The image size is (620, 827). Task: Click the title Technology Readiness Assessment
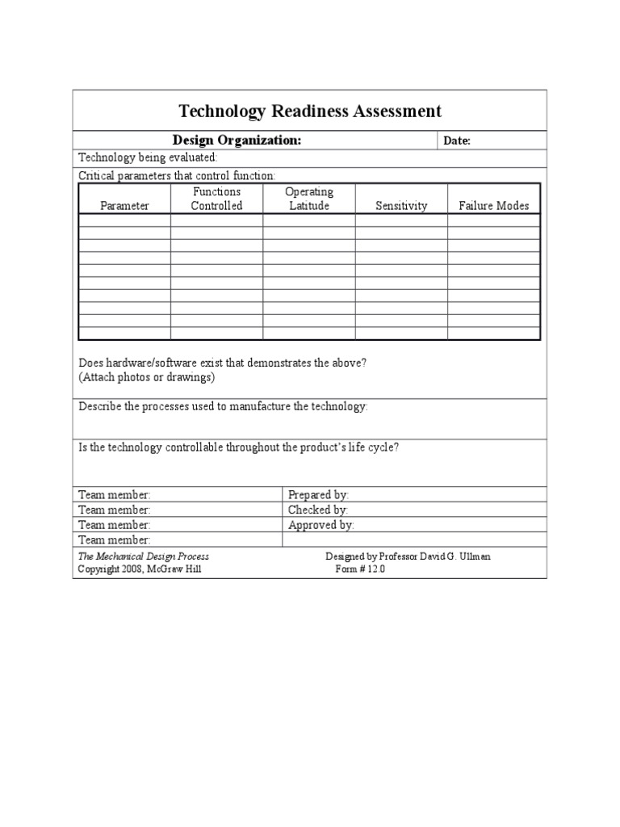coord(309,111)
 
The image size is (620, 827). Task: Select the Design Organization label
coord(237,141)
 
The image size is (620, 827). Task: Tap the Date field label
coord(457,141)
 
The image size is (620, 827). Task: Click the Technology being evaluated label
coord(147,157)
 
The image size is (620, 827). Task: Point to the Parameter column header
coord(124,206)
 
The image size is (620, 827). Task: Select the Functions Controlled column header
coord(216,199)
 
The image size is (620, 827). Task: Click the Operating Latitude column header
coord(309,199)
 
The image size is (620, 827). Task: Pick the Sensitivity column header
coord(401,206)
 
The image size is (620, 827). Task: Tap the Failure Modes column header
coord(493,206)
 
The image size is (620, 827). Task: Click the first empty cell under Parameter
coord(124,220)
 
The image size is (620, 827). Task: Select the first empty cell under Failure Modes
coord(493,220)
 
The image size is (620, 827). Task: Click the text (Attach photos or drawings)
coord(146,377)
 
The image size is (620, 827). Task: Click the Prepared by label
coord(318,494)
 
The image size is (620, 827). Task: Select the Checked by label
coord(317,510)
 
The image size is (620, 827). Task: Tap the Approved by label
coord(320,525)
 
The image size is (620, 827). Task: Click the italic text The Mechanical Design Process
coord(143,556)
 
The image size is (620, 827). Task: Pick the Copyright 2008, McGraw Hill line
coord(139,569)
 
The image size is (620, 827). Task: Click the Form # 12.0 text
coord(360,569)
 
